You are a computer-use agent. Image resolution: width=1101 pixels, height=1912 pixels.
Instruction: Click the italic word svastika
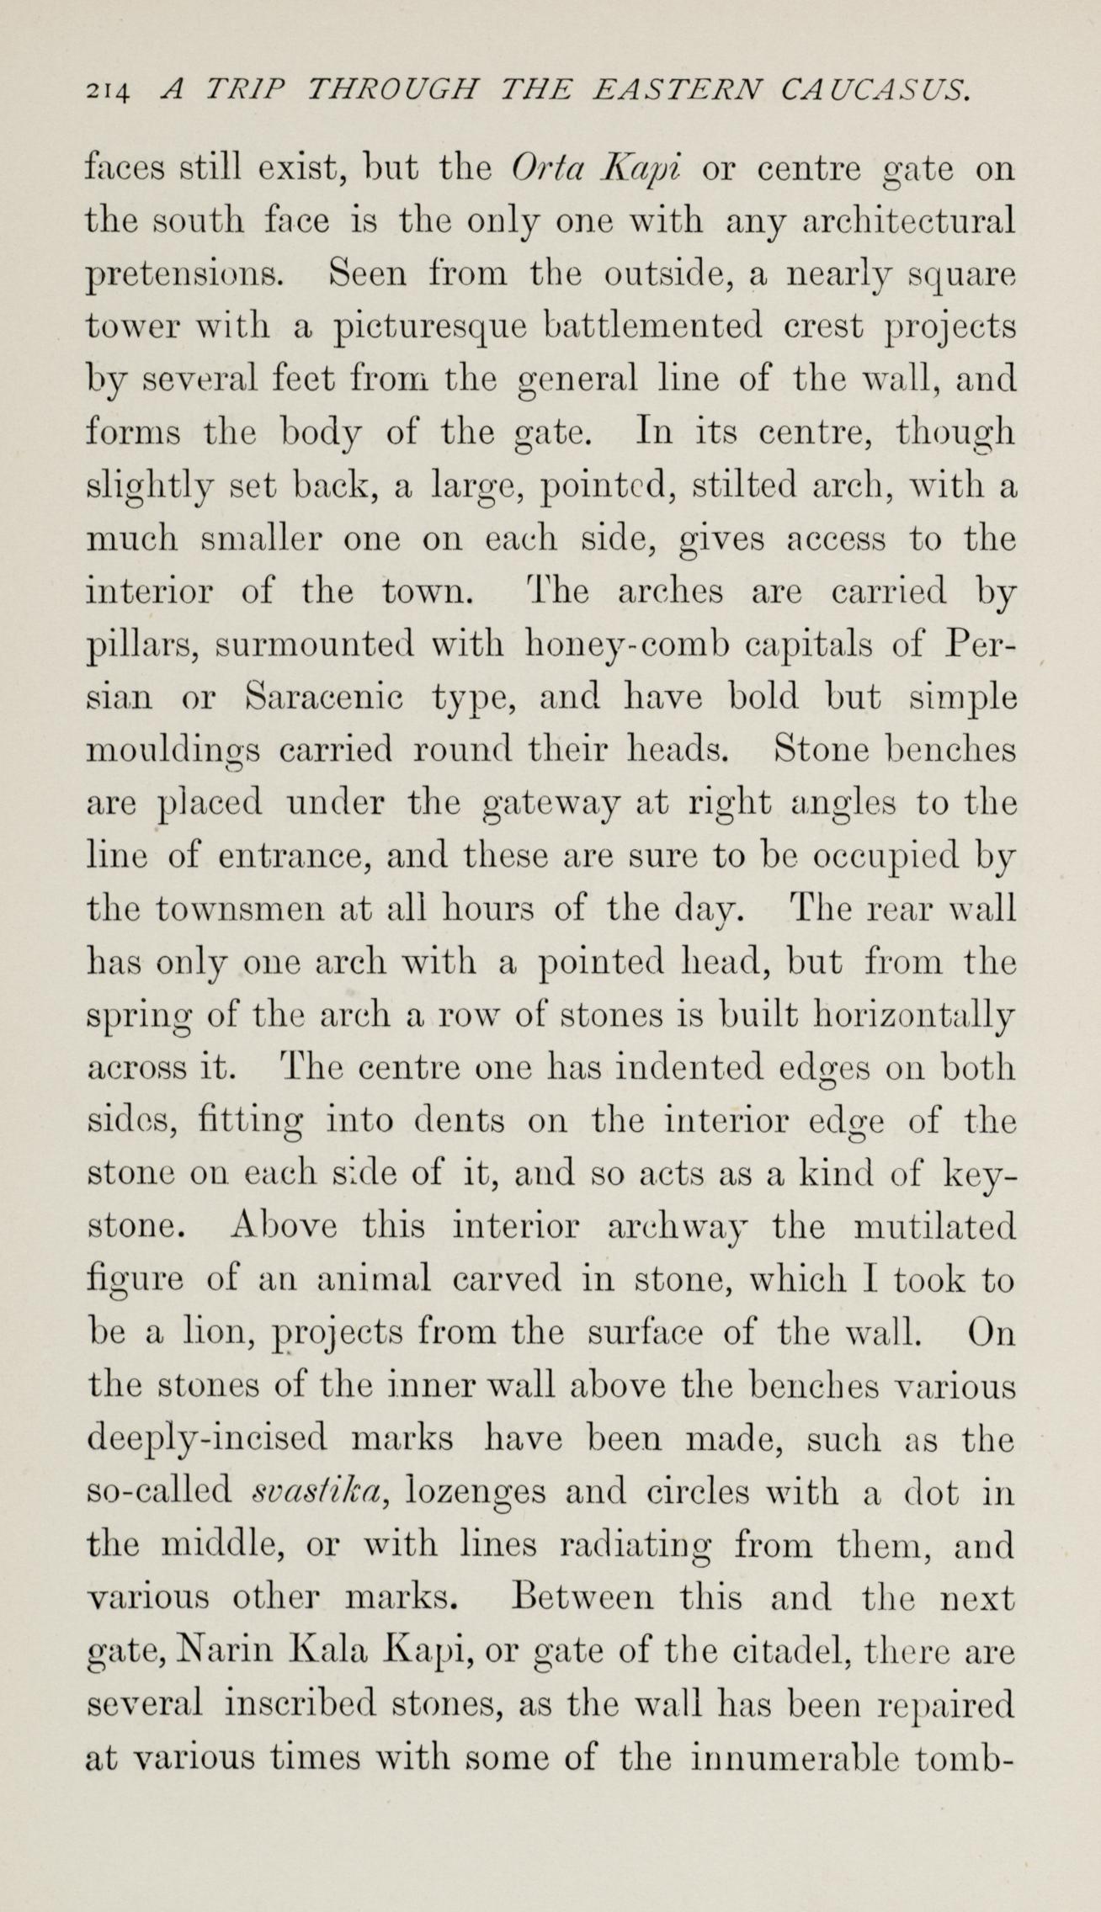pos(320,1490)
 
